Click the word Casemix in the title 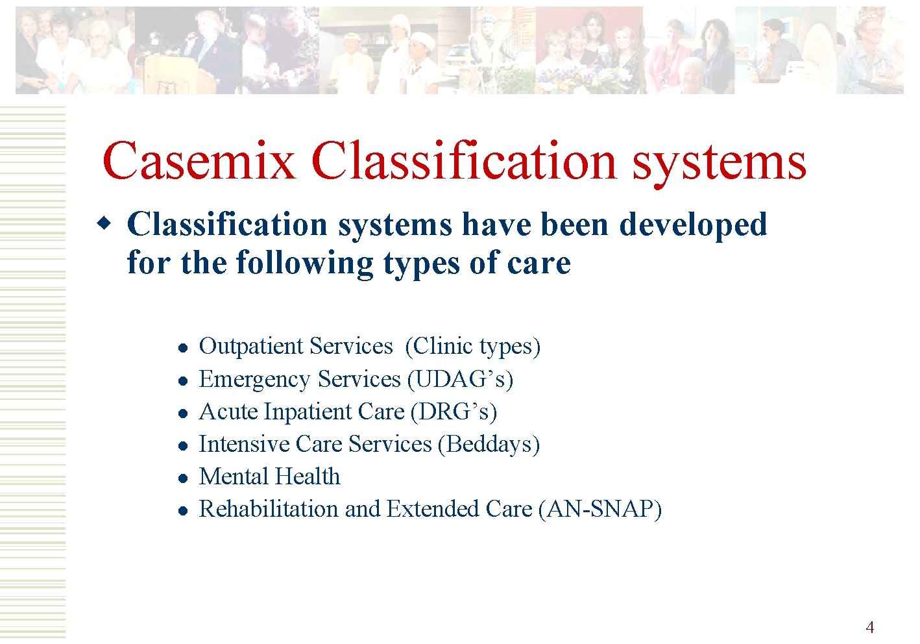click(x=199, y=161)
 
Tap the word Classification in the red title click(x=463, y=161)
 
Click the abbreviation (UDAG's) click(x=459, y=379)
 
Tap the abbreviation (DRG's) click(x=454, y=412)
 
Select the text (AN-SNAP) click(x=600, y=509)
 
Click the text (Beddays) click(x=489, y=444)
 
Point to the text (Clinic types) click(x=472, y=347)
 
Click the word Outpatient click(x=250, y=347)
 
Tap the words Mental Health click(x=269, y=477)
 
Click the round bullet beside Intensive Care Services click(x=184, y=446)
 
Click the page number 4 click(x=869, y=627)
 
